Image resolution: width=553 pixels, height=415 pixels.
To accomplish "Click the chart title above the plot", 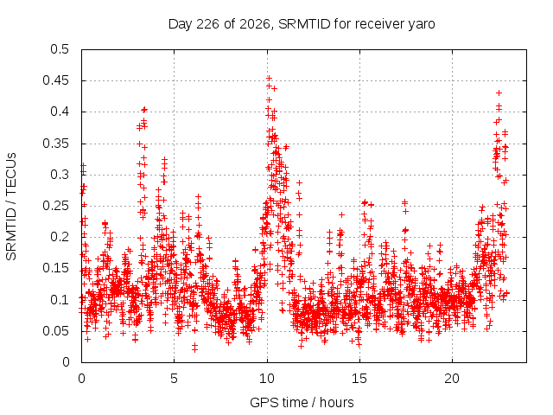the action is pyautogui.click(x=302, y=24).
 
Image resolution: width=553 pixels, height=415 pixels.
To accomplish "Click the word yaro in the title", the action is pyautogui.click(x=422, y=25).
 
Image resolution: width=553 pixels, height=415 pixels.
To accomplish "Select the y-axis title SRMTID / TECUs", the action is pyautogui.click(x=11, y=207).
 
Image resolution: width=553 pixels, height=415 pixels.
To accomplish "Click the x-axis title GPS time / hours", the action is pyautogui.click(x=302, y=402).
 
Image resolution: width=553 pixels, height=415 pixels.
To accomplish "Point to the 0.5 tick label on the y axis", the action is pyautogui.click(x=60, y=49).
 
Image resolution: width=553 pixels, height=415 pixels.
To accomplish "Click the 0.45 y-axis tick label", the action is pyautogui.click(x=55, y=80).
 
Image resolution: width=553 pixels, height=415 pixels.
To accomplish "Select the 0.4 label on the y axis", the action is pyautogui.click(x=60, y=112).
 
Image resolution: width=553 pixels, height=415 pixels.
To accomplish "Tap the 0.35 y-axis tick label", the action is pyautogui.click(x=55, y=144).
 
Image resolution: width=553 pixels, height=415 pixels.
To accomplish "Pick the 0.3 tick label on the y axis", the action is pyautogui.click(x=60, y=175).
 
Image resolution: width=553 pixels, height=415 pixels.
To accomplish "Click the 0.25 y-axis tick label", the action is pyautogui.click(x=55, y=206).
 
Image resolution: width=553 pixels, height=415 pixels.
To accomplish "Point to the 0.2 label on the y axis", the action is pyautogui.click(x=60, y=237).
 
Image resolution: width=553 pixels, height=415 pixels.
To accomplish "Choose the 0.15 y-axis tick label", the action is pyautogui.click(x=55, y=268).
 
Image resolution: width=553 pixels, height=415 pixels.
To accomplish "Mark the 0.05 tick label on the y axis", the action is pyautogui.click(x=55, y=331).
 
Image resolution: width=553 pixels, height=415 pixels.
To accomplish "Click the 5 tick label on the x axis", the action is pyautogui.click(x=174, y=379).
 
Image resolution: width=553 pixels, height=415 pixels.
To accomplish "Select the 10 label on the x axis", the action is pyautogui.click(x=267, y=379).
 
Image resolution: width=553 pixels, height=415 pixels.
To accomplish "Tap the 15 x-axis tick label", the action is pyautogui.click(x=359, y=379).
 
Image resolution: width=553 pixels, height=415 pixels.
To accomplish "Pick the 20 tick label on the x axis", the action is pyautogui.click(x=452, y=379).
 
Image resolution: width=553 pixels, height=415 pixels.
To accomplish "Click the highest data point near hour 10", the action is pyautogui.click(x=269, y=78).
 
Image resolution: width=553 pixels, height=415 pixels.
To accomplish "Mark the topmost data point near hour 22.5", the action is pyautogui.click(x=499, y=93).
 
